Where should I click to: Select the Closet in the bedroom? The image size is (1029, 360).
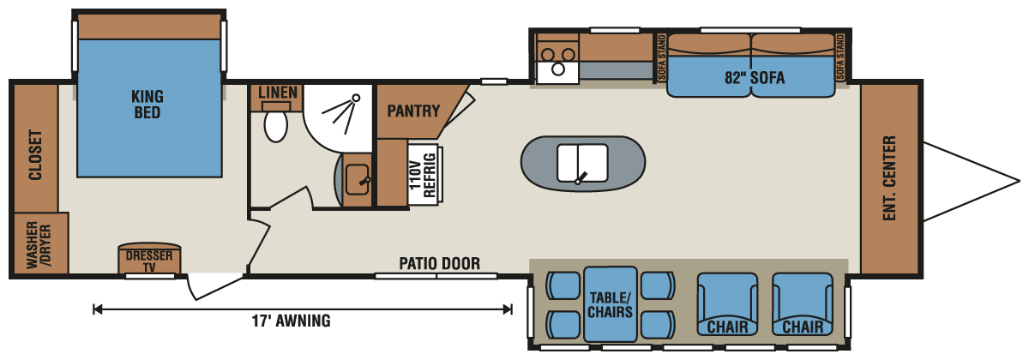pos(35,156)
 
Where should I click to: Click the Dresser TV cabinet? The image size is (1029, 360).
pos(149,261)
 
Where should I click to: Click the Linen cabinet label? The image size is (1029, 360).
pos(277,93)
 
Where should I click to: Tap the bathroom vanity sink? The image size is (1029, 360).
pos(358,178)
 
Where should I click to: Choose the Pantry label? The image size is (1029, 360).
pos(412,111)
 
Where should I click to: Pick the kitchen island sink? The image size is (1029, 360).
pos(582,163)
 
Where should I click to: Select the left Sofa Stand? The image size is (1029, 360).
pos(662,57)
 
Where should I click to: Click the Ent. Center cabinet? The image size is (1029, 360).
pos(889,177)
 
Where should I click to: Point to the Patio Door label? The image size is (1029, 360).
pos(439,263)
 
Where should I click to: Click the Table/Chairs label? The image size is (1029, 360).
pos(610,304)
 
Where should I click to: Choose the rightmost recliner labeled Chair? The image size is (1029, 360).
pos(803,306)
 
